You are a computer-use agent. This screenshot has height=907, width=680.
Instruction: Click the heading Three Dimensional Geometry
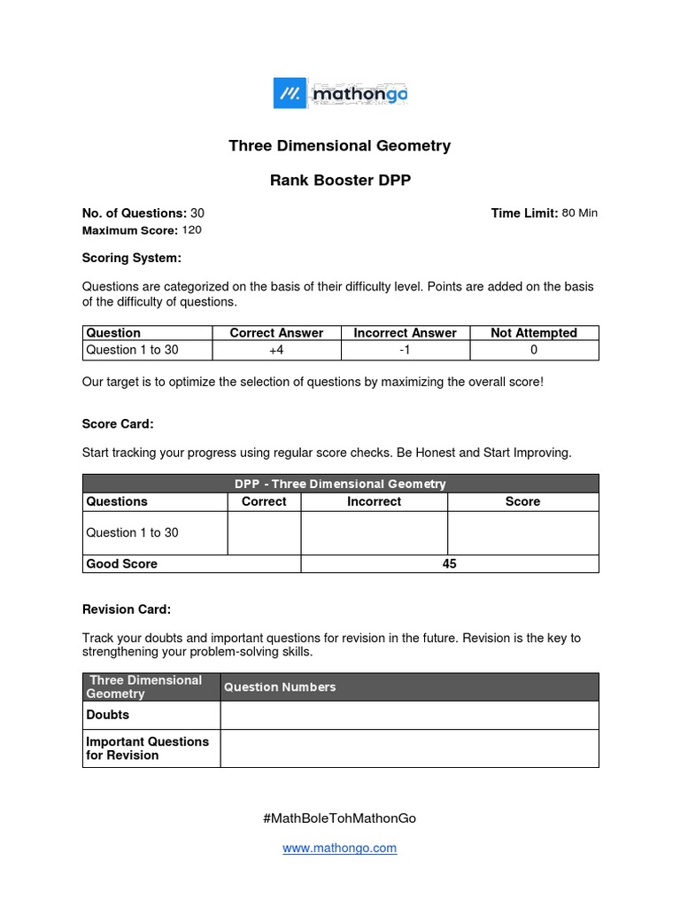click(x=340, y=145)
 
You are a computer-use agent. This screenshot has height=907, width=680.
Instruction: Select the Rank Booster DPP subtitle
click(x=340, y=181)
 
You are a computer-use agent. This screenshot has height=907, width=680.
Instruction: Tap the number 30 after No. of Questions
click(x=197, y=213)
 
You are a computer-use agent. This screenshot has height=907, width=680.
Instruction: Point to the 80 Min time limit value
click(x=580, y=213)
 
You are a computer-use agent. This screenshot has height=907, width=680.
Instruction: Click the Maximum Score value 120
click(x=192, y=230)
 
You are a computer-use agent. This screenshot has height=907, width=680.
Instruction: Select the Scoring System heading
click(x=131, y=258)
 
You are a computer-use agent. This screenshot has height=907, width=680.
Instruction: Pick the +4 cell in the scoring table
click(x=276, y=350)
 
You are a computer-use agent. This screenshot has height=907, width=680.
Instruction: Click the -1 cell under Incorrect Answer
click(x=405, y=350)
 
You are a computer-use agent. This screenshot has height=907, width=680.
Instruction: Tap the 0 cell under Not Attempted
click(x=534, y=350)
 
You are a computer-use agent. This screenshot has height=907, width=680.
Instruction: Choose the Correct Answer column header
click(x=276, y=333)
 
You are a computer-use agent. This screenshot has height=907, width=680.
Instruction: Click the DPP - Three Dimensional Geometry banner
click(x=340, y=484)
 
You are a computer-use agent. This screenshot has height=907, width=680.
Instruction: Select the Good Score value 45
click(x=449, y=563)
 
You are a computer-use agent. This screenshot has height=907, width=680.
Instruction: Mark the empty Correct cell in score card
click(x=264, y=532)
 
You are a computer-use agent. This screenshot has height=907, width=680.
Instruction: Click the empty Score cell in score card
click(x=522, y=532)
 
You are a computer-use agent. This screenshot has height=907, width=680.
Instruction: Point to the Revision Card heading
click(x=127, y=609)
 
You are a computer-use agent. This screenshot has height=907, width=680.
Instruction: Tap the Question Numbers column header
click(x=280, y=687)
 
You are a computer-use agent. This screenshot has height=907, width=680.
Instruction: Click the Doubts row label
click(x=107, y=715)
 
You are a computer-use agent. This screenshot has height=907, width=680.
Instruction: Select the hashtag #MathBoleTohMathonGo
click(x=340, y=818)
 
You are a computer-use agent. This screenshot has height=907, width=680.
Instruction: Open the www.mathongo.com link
click(x=340, y=848)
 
